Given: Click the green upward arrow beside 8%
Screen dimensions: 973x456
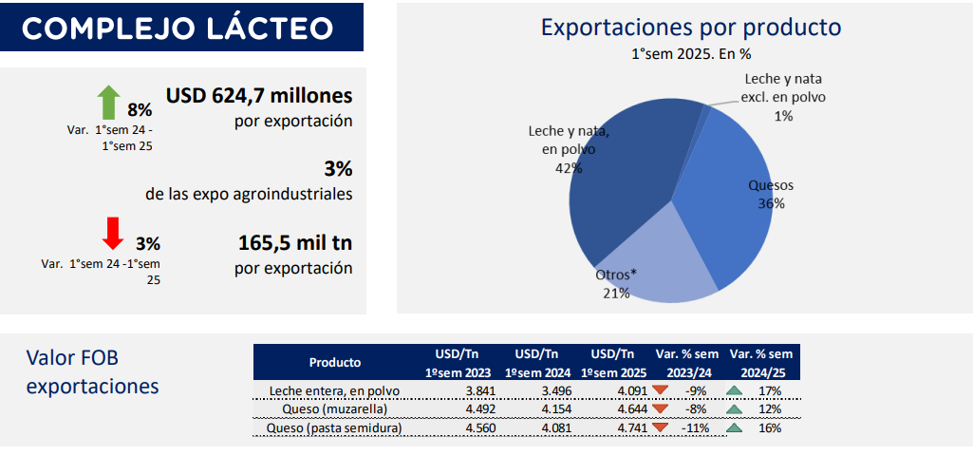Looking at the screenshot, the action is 109,102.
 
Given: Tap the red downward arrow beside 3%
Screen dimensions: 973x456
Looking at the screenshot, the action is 114,233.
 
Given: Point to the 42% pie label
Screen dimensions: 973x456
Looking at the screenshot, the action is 569,168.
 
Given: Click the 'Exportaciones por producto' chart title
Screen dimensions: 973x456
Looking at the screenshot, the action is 691,28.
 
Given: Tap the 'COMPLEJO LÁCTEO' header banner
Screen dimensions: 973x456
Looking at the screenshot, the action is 181,28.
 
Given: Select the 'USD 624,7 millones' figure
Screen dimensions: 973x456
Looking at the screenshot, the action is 259,96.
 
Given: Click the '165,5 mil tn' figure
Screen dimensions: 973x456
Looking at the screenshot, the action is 295,243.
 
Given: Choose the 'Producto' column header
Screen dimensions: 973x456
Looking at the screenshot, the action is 335,362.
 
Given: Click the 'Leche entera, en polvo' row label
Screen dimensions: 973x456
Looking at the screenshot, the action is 334,390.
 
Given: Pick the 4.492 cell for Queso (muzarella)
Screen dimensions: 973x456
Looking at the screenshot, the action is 477,409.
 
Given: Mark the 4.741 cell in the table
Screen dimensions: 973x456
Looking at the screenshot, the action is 631,428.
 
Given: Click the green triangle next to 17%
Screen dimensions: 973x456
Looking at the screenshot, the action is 734,390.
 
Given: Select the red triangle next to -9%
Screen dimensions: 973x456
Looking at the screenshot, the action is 660,390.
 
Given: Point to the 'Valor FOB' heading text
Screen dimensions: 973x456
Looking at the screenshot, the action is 72,358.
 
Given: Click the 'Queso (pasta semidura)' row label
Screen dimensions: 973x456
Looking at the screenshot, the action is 334,428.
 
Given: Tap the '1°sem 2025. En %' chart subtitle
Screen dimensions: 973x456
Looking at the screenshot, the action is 691,54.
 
